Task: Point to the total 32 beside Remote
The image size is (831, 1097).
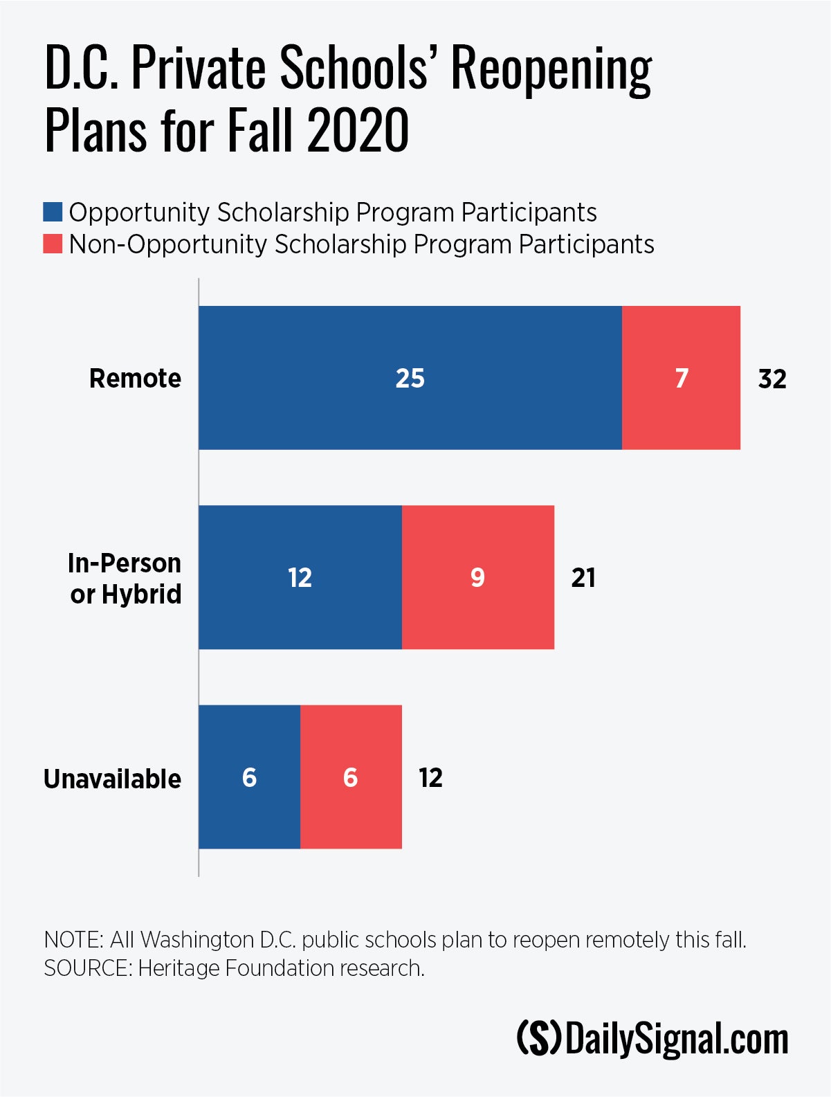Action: (x=772, y=379)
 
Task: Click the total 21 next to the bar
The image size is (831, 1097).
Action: (x=583, y=578)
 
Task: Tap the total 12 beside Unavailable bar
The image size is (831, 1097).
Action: (x=430, y=778)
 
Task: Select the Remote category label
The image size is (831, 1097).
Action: (x=135, y=379)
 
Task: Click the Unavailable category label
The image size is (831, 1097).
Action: (x=112, y=779)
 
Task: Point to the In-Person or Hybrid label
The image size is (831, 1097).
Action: (x=125, y=579)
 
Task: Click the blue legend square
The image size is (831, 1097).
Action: (x=53, y=212)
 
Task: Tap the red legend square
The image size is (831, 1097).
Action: (x=53, y=244)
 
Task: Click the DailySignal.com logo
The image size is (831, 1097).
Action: (x=652, y=1040)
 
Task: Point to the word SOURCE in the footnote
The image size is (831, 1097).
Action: (x=86, y=968)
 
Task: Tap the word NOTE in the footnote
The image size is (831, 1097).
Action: (x=72, y=940)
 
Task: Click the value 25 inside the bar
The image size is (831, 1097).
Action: (x=410, y=379)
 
